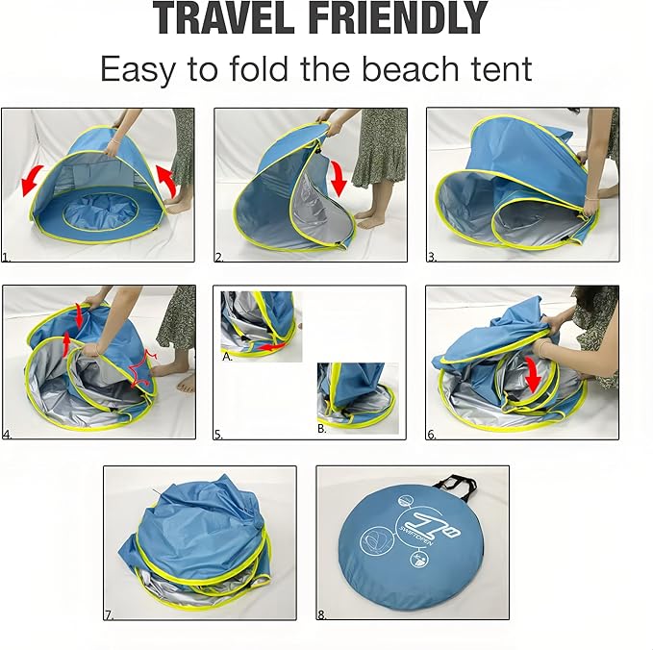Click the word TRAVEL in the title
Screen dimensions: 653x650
[224, 18]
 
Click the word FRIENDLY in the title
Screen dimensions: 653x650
[399, 18]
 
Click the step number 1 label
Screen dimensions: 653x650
[6, 258]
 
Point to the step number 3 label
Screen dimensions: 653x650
[432, 258]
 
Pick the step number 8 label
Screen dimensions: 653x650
[321, 614]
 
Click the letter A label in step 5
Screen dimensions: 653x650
[227, 357]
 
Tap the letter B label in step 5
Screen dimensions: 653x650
[322, 429]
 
